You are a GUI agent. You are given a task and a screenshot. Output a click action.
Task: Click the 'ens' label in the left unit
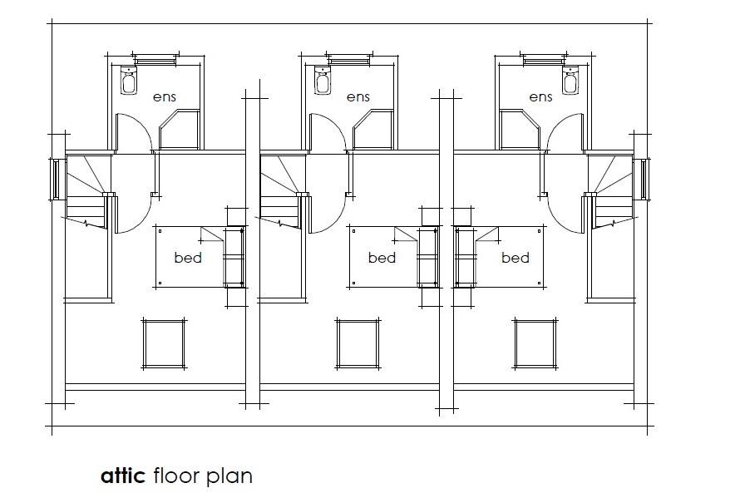pyautogui.click(x=165, y=96)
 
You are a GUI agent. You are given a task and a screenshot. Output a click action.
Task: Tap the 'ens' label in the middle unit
pyautogui.click(x=358, y=96)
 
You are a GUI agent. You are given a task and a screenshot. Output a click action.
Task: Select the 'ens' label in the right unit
pyautogui.click(x=540, y=96)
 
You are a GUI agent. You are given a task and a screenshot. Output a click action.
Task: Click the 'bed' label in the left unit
pyautogui.click(x=188, y=258)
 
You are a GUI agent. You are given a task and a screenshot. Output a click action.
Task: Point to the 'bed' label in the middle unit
pyautogui.click(x=382, y=258)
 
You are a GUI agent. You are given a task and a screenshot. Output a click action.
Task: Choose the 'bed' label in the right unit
pyautogui.click(x=516, y=258)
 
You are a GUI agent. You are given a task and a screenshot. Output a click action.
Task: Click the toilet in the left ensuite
pyautogui.click(x=129, y=81)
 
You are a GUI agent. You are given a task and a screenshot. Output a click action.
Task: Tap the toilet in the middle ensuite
pyautogui.click(x=322, y=81)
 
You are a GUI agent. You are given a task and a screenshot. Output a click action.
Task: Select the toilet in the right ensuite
pyautogui.click(x=570, y=81)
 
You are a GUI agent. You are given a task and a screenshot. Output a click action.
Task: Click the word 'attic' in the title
pyautogui.click(x=123, y=476)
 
